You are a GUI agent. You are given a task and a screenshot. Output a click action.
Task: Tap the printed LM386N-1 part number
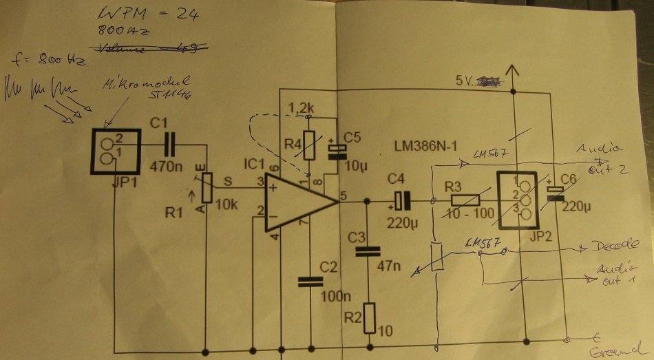pyautogui.click(x=425, y=147)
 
